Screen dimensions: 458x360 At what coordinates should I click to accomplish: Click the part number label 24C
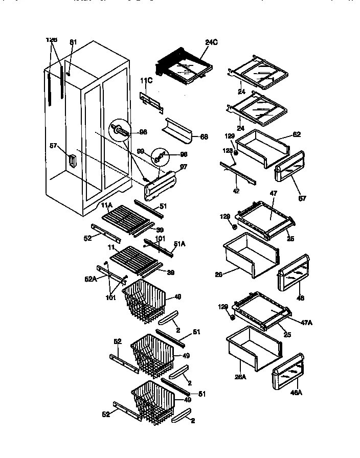coord(212,43)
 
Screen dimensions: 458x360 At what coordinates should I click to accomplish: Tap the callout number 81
coord(73,42)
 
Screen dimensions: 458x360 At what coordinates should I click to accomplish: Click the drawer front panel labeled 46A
coord(288,373)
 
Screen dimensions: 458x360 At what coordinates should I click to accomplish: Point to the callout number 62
coord(296,134)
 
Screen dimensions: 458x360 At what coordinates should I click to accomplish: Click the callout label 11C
coord(146,80)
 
